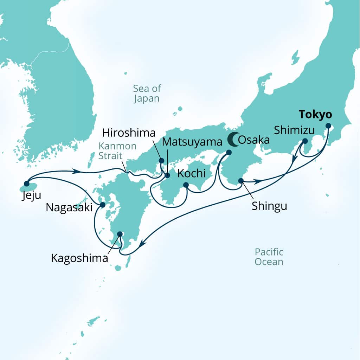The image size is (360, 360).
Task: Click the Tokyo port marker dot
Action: [x=328, y=126]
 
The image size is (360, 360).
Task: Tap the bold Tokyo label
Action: [x=315, y=115]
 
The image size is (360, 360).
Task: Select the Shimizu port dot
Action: [x=305, y=141]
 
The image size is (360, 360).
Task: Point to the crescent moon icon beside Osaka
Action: [x=232, y=140]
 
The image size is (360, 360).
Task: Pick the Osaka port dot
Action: [x=229, y=153]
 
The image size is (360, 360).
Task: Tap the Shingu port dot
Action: [x=241, y=181]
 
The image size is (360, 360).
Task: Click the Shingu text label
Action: [x=269, y=206]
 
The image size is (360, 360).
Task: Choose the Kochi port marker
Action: [x=186, y=185]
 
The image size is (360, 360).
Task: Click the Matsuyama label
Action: [x=193, y=142]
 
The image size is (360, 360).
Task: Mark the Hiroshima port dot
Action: [x=161, y=161]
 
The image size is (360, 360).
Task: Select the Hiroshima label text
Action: [x=129, y=133]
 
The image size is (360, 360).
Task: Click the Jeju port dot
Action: [x=26, y=183]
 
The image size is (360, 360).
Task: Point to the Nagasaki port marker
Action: [x=102, y=205]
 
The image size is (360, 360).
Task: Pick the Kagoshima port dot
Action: [x=120, y=233]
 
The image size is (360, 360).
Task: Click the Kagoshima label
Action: [x=79, y=258]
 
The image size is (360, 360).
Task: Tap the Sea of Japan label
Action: [x=147, y=93]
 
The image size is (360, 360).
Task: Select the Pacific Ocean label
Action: [x=269, y=257]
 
